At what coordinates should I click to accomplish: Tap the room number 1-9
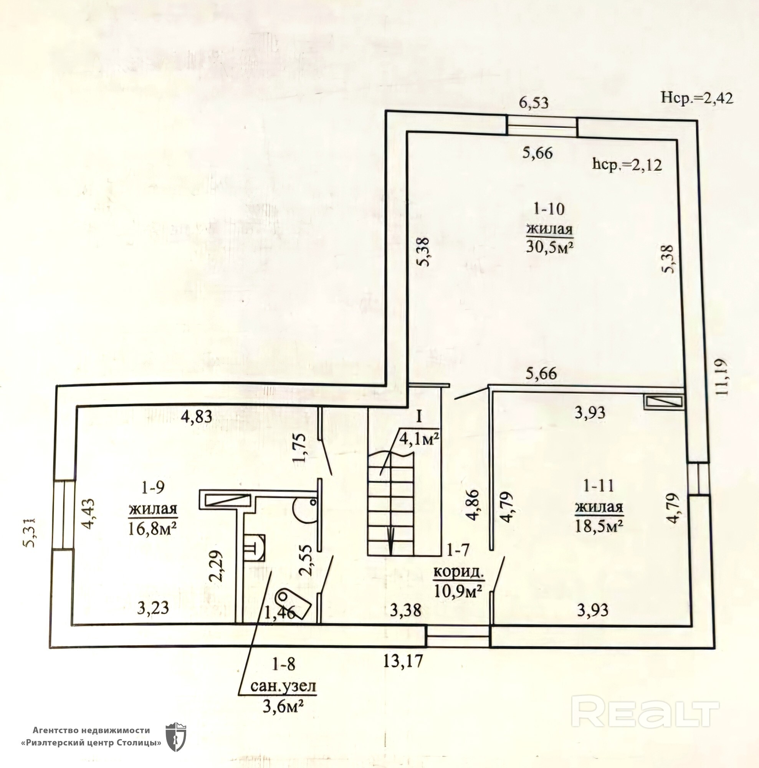tap(152, 487)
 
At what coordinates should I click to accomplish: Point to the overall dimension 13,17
tap(403, 662)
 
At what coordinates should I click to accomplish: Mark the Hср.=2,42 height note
tap(696, 98)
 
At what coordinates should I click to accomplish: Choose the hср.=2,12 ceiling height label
tap(627, 164)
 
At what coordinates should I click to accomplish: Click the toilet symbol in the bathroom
tap(292, 603)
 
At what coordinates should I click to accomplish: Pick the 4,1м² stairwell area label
tap(419, 439)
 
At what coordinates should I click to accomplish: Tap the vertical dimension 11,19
tap(721, 376)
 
